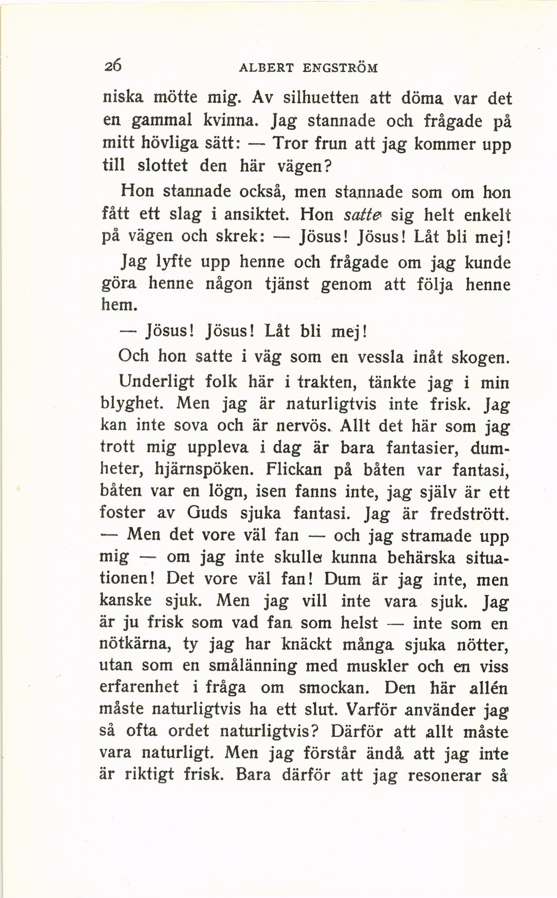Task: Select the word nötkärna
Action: (x=134, y=644)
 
